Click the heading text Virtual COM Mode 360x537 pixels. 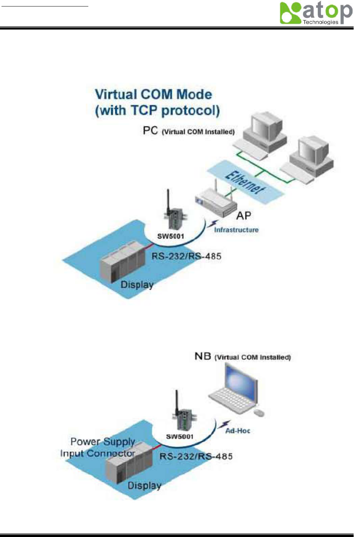pos(153,94)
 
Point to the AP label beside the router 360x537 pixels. pos(244,216)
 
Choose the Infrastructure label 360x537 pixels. pos(236,230)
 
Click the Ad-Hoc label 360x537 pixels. pos(238,431)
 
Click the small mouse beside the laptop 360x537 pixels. pos(259,412)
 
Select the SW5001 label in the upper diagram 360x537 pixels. pos(171,236)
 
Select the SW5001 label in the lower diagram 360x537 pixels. pos(180,437)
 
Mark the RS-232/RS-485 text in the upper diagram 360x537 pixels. pos(186,257)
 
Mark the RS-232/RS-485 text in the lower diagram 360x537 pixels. pos(196,457)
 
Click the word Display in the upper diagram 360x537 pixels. pos(137,285)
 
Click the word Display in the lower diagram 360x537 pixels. pos(144,486)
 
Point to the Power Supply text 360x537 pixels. pos(103,442)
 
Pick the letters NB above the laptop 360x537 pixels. pos(203,356)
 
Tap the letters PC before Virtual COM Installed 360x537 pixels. pos(150,131)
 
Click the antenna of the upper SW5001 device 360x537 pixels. pos(168,200)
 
